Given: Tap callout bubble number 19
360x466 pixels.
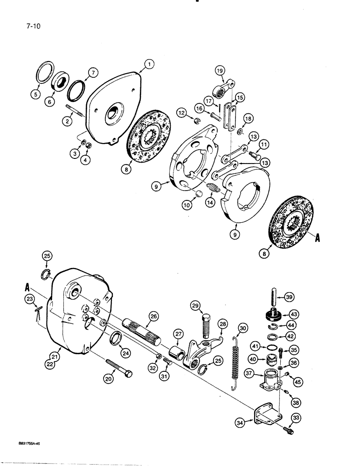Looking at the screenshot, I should tap(220, 71).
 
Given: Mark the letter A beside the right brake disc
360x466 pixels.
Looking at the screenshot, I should tap(318, 238).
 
